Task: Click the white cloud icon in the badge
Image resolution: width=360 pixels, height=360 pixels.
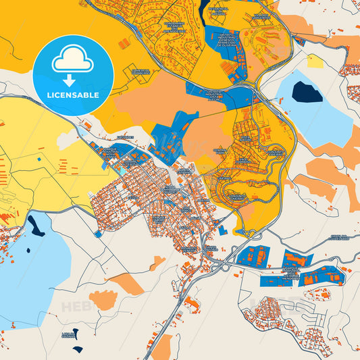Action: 72,60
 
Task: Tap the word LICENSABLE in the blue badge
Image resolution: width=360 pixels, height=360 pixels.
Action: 72,94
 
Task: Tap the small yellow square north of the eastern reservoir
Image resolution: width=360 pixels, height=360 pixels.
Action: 315,61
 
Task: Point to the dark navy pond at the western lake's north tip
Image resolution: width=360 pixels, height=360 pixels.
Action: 35,226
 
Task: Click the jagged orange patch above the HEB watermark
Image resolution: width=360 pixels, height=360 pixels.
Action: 103,299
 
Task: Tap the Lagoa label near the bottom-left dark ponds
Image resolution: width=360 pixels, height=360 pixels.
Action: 68,335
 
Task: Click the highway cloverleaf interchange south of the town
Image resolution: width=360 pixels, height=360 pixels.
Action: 251,234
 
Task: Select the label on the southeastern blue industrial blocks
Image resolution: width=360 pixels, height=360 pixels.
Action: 290,271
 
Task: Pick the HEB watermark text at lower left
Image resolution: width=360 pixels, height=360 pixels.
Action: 75,307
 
